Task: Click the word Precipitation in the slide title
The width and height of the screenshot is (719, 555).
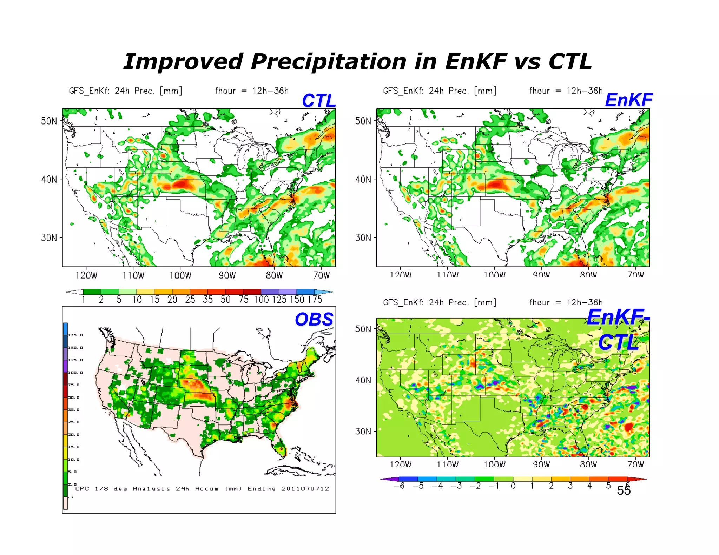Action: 328,62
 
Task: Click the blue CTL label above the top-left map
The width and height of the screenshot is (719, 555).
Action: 318,101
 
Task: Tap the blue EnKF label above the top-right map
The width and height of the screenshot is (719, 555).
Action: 628,100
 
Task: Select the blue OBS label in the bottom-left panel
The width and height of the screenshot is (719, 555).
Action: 314,320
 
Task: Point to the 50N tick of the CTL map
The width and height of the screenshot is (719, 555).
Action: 49,121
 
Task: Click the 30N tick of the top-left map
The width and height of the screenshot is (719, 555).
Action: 49,238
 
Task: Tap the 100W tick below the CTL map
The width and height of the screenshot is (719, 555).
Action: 180,275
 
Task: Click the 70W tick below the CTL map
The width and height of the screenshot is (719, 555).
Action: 321,275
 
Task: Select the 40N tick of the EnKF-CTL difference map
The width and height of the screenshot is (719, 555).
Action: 363,380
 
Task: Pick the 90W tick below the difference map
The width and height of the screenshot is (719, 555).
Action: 541,464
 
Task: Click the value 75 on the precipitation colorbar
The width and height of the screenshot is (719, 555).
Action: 243,300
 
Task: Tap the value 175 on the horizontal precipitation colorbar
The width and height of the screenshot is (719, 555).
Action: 315,300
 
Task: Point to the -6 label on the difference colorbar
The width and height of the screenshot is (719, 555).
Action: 399,486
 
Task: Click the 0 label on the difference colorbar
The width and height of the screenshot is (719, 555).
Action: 513,486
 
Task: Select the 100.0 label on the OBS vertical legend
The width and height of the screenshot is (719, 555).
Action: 75,373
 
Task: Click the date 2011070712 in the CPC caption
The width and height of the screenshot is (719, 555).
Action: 305,489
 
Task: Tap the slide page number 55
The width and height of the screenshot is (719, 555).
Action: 624,491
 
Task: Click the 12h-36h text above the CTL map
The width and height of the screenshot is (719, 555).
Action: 270,91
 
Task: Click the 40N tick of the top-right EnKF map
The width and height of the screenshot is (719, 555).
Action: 363,180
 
